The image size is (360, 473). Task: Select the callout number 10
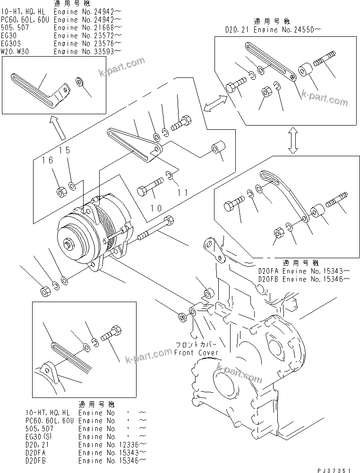point(156,208)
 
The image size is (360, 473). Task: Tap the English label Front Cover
point(196,353)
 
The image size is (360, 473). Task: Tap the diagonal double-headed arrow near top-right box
point(214,102)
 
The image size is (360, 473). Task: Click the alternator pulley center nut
point(69,244)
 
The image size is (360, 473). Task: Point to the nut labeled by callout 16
point(61,192)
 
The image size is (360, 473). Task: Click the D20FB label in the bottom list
point(38,460)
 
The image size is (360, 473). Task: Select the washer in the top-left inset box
point(80,83)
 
